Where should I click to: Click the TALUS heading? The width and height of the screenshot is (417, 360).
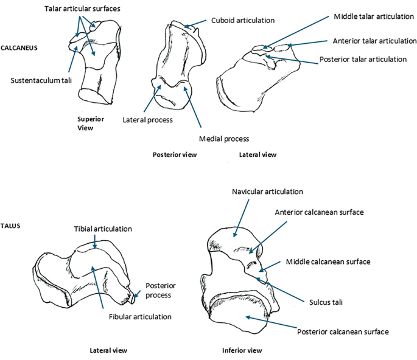(12, 226)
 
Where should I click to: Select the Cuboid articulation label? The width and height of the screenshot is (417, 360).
(242, 20)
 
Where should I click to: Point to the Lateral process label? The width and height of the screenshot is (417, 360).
(148, 120)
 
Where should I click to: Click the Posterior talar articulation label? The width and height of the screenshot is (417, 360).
(363, 60)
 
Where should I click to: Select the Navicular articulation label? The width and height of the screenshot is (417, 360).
(267, 192)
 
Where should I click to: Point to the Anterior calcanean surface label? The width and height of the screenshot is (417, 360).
(319, 212)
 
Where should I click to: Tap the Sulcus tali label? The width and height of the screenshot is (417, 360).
(327, 301)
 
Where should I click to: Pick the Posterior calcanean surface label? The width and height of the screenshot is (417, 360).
(343, 331)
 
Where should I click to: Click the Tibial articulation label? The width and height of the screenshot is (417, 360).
(103, 229)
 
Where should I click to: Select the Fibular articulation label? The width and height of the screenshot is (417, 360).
(140, 317)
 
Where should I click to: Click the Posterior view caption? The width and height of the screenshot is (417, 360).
(174, 154)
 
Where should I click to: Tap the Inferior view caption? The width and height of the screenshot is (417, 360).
(242, 350)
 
